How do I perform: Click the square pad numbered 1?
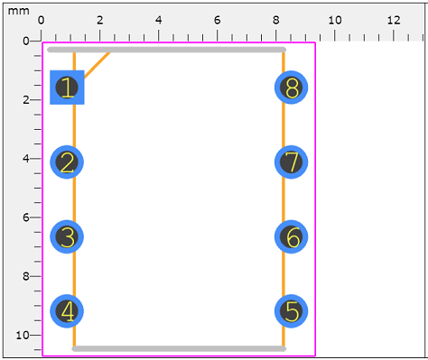(x=67, y=88)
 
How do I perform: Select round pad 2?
(x=67, y=162)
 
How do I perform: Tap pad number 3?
(x=67, y=237)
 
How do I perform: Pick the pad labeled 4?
(x=67, y=311)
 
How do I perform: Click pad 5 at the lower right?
(x=291, y=311)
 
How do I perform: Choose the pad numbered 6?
(x=291, y=237)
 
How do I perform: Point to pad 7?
(x=291, y=162)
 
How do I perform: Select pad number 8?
(x=291, y=88)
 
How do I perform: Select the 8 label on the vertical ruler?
(x=25, y=276)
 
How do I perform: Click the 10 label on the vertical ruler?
(x=23, y=335)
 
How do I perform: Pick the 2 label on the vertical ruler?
(x=25, y=99)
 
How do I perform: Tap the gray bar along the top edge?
(x=166, y=50)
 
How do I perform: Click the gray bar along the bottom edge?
(x=179, y=348)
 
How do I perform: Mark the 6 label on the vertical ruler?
(x=25, y=217)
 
